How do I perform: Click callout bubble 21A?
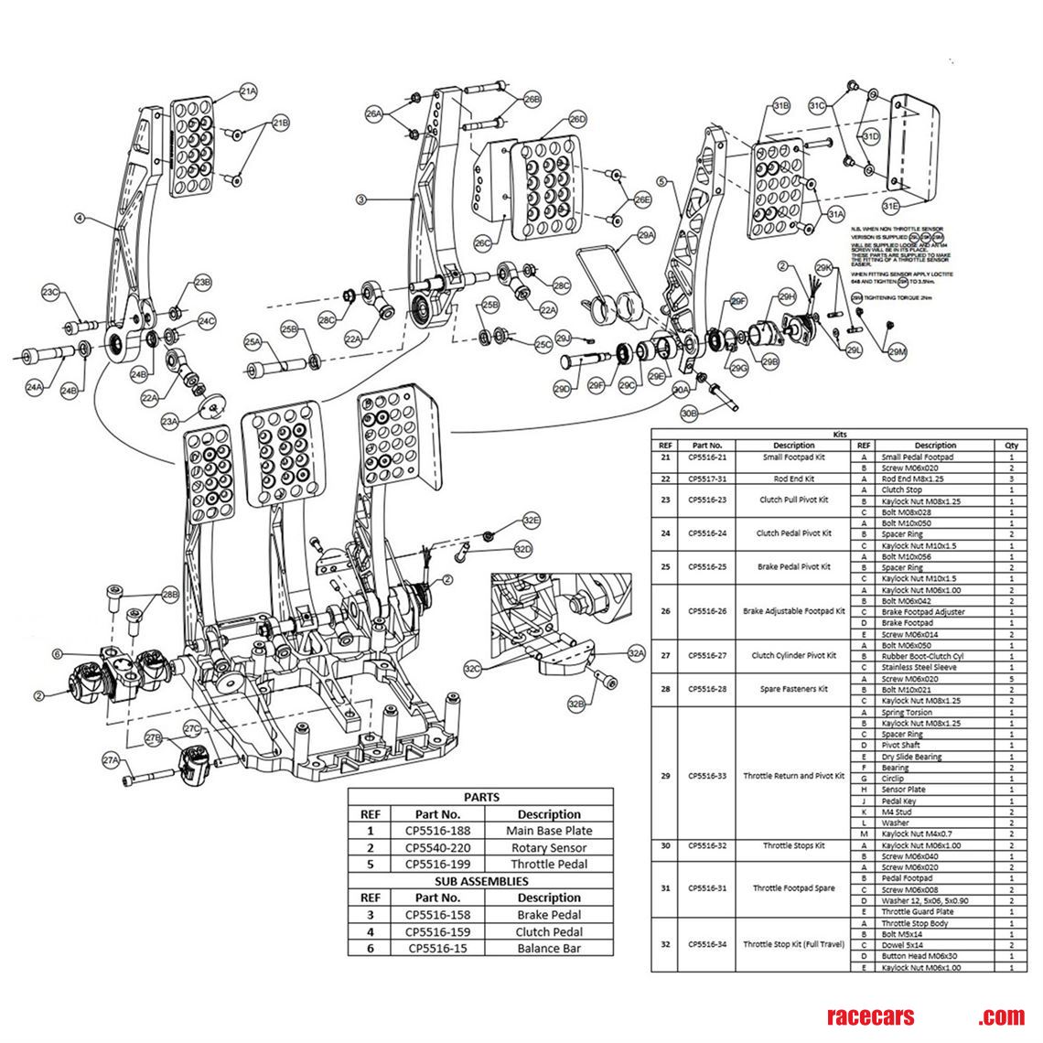(248, 91)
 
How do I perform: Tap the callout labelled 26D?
(577, 120)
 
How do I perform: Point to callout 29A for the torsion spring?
(646, 235)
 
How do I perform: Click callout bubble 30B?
(689, 414)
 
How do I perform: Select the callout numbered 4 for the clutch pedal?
(80, 219)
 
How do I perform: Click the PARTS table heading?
(481, 797)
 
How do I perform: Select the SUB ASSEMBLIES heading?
(481, 881)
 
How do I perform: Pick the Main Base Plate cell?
(549, 831)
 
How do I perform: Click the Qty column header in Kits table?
(1011, 446)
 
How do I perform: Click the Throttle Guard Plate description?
(917, 911)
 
